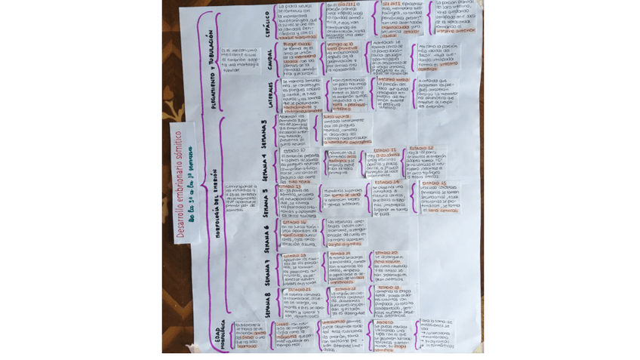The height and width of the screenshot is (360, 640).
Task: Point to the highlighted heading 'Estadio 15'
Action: (433, 183)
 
